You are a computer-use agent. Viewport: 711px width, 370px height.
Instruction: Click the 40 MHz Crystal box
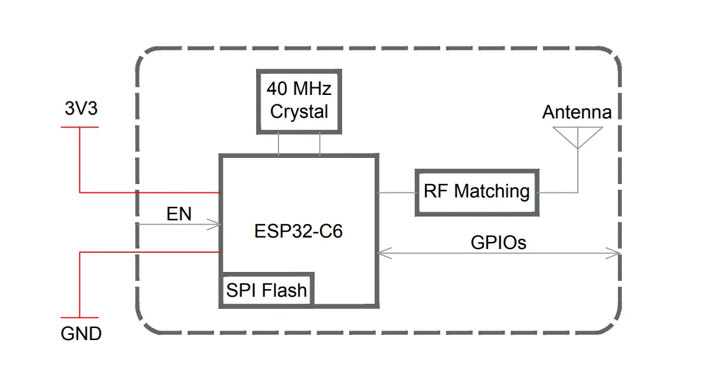click(x=299, y=100)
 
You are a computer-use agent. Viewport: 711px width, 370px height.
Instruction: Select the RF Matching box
click(x=476, y=192)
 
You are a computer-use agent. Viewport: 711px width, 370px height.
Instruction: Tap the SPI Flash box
click(x=266, y=291)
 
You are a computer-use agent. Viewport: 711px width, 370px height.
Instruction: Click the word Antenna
click(x=577, y=113)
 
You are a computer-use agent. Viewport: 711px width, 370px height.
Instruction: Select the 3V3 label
click(x=81, y=109)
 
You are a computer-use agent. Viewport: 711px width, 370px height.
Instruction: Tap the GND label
click(x=81, y=333)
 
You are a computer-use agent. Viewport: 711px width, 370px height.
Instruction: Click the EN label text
click(x=179, y=214)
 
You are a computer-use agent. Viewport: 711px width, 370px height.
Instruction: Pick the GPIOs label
click(x=498, y=243)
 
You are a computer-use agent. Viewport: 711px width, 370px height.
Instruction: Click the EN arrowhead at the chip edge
click(x=217, y=224)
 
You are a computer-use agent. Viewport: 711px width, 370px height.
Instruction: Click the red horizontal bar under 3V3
click(x=80, y=127)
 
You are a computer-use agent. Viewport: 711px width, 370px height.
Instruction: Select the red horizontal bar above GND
click(x=80, y=318)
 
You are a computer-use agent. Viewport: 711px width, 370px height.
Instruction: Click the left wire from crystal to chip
click(x=278, y=144)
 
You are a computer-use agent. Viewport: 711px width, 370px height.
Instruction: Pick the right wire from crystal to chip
click(x=319, y=144)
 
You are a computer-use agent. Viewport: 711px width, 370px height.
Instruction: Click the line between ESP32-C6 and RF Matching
click(x=396, y=192)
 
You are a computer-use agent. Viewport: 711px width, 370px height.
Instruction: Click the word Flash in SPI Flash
click(x=285, y=291)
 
